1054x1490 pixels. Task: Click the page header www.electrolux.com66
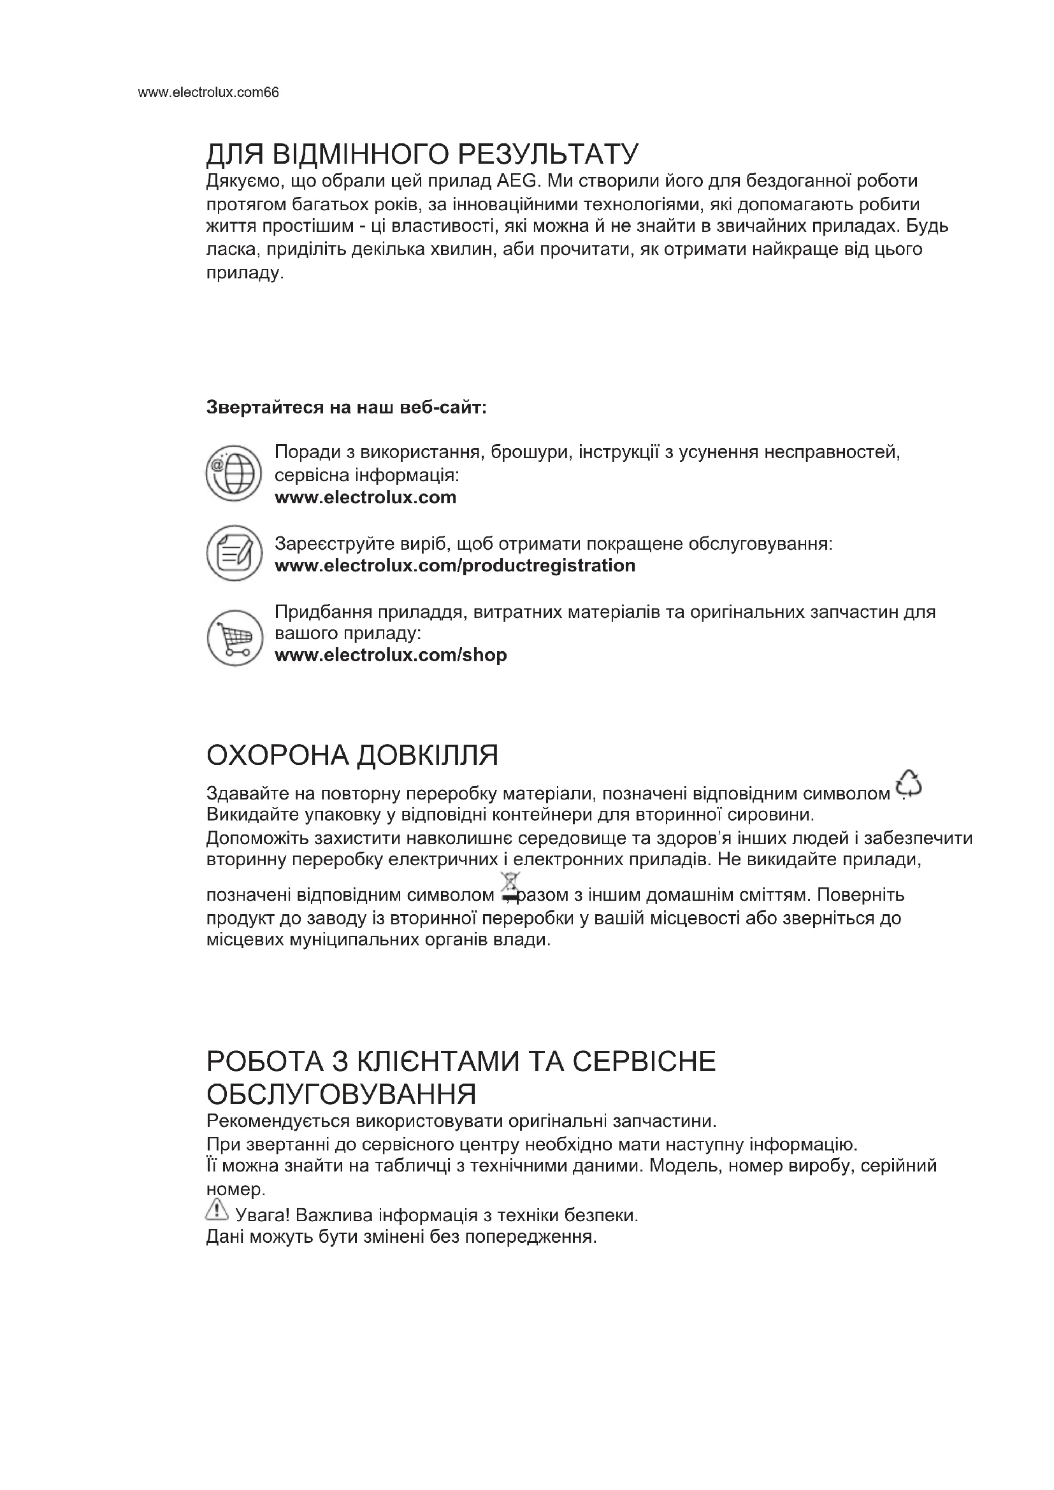[x=208, y=93]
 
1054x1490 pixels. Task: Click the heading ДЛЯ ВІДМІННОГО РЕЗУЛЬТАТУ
[x=422, y=155]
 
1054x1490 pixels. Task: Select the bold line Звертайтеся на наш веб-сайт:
[x=346, y=408]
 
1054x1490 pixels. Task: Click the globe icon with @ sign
[x=234, y=473]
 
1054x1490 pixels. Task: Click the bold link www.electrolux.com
[x=365, y=498]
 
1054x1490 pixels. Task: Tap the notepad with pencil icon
[x=234, y=553]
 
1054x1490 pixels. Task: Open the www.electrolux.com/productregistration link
[x=455, y=565]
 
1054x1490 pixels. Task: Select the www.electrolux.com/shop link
[x=391, y=655]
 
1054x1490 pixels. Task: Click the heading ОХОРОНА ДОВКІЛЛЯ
[x=352, y=756]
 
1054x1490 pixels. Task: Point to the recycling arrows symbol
[x=909, y=784]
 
